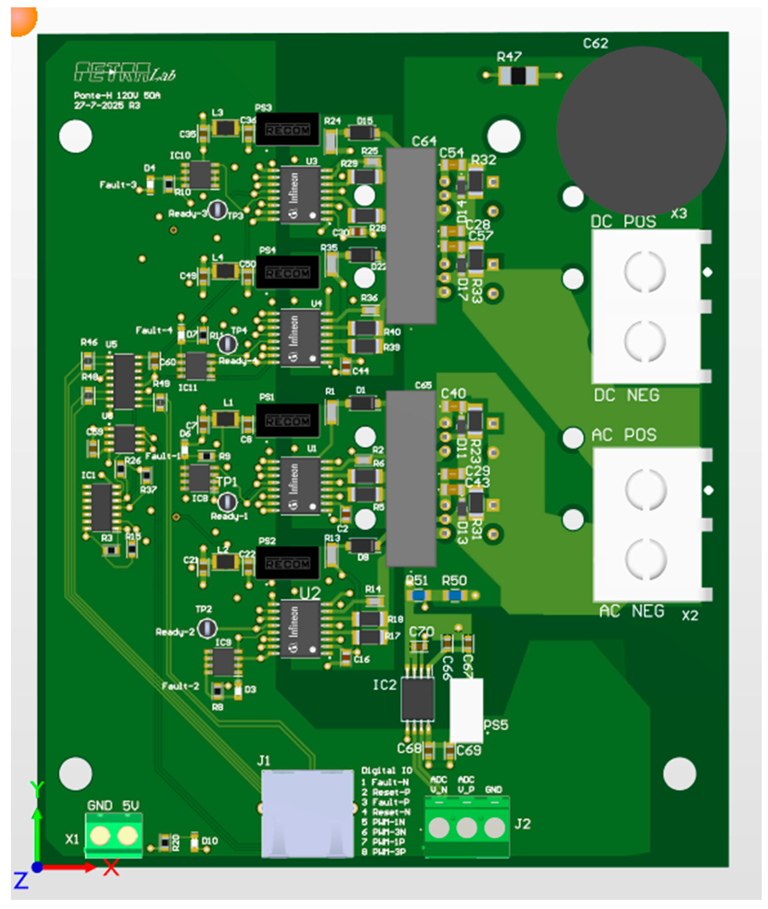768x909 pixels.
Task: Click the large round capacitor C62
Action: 641,131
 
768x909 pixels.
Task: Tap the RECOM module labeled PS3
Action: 287,129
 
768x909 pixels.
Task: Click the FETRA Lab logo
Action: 124,72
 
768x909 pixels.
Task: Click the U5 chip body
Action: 124,381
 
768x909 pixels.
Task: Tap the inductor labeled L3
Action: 225,128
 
